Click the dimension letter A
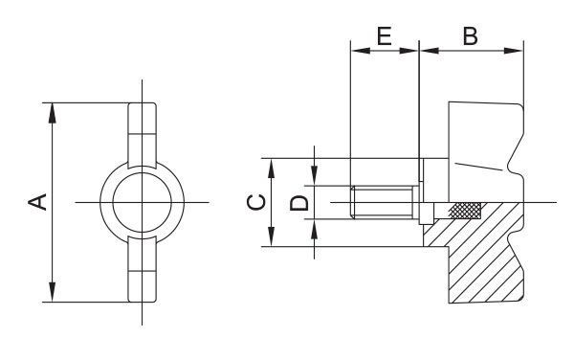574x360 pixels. pos(37,202)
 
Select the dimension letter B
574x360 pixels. pos(471,36)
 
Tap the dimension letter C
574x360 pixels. pos(256,203)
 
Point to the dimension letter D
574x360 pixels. pos(299,203)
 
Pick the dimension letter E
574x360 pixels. pos(385,36)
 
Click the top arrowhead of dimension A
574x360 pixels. pos(53,113)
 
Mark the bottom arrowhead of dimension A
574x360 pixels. pos(53,292)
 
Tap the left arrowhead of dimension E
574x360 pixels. pos(361,51)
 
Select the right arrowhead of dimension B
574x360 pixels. pos(514,51)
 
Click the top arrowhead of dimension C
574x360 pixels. pos(271,169)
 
